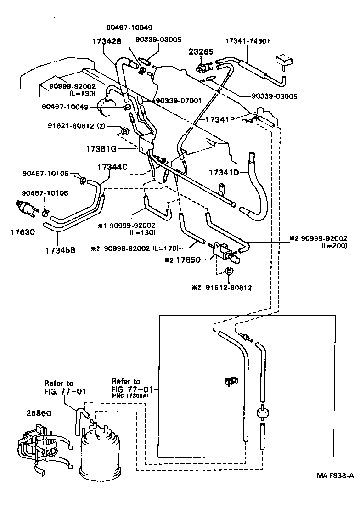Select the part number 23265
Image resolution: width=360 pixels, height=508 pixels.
(x=201, y=52)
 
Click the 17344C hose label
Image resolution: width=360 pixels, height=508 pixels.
(x=112, y=167)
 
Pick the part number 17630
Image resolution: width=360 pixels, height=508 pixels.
(x=22, y=232)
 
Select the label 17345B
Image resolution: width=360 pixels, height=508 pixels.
(x=61, y=250)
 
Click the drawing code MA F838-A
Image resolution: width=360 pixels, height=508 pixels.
(x=334, y=476)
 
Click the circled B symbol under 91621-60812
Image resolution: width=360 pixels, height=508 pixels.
(x=124, y=131)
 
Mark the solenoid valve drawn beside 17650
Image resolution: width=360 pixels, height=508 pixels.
(x=225, y=252)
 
